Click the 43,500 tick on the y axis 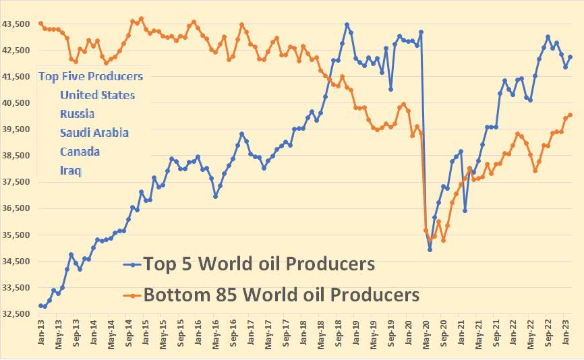pyautogui.click(x=18, y=24)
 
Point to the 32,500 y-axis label pyautogui.click(x=18, y=314)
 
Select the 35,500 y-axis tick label pyautogui.click(x=18, y=235)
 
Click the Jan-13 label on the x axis pyautogui.click(x=41, y=334)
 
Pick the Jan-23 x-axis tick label pyautogui.click(x=566, y=334)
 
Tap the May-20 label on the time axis pyautogui.click(x=427, y=334)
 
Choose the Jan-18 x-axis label pyautogui.click(x=303, y=334)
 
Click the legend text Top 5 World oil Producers pyautogui.click(x=258, y=264)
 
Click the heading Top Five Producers pyautogui.click(x=90, y=76)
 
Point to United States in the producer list pyautogui.click(x=97, y=95)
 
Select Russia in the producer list pyautogui.click(x=77, y=114)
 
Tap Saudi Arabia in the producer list pyautogui.click(x=94, y=133)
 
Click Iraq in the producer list pyautogui.click(x=70, y=171)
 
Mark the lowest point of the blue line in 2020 pyautogui.click(x=430, y=249)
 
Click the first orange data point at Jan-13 pyautogui.click(x=41, y=24)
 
